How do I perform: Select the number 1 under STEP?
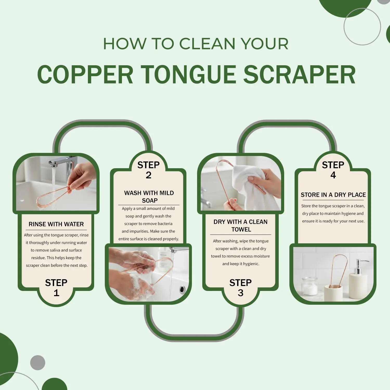[x=56, y=293]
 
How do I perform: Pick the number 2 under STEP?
[x=148, y=175]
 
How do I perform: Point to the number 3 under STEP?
[x=240, y=293]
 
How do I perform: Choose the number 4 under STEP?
[x=333, y=175]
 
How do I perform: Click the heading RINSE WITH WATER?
[x=56, y=224]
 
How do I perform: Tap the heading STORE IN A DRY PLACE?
[x=333, y=195]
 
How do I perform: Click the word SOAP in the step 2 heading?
[x=150, y=200]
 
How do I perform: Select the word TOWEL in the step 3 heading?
[x=241, y=229]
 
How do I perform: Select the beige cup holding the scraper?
[x=333, y=293]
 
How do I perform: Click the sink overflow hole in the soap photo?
[x=182, y=289]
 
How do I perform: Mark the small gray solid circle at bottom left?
[x=38, y=362]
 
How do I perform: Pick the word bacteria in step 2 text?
[x=165, y=224]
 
